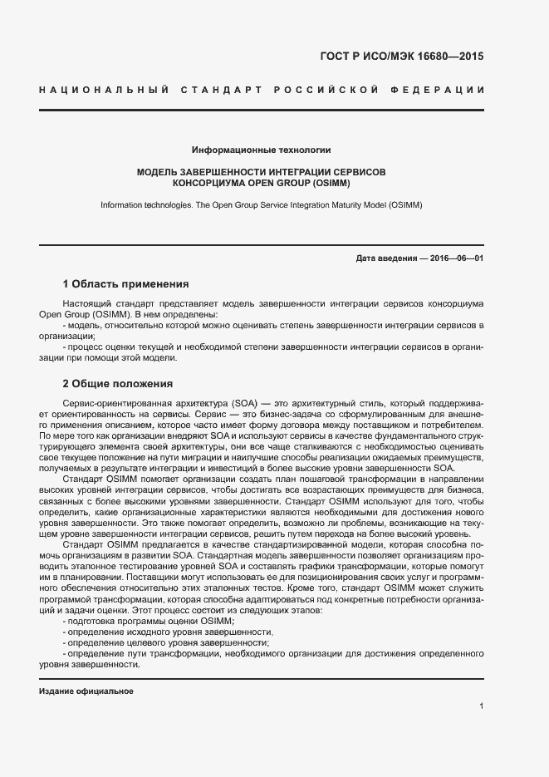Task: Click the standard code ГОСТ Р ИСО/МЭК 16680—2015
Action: [x=401, y=57]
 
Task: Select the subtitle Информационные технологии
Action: [x=262, y=150]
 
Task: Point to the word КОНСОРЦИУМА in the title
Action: [x=206, y=182]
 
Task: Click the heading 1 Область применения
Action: [x=125, y=283]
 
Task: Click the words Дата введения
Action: [x=386, y=258]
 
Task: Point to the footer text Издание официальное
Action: [x=86, y=691]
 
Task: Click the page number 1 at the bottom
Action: [x=481, y=706]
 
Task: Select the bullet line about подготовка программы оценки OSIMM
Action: [x=150, y=622]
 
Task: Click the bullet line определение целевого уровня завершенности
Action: [x=166, y=643]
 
